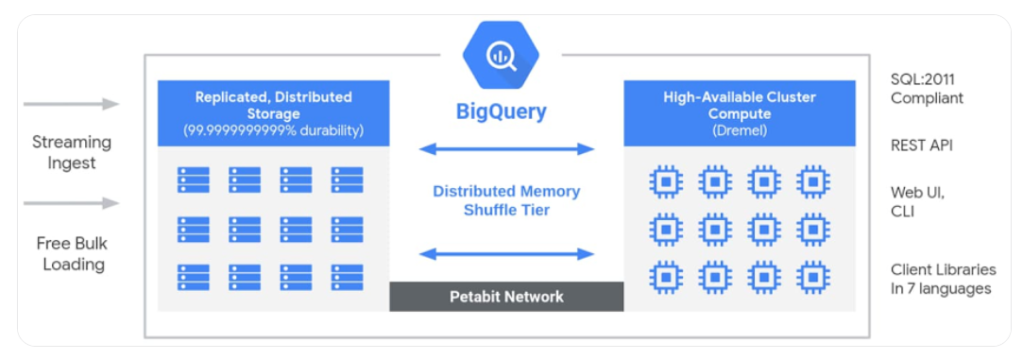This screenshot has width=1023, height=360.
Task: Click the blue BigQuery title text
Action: (x=501, y=111)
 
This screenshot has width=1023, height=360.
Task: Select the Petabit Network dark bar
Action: (x=506, y=297)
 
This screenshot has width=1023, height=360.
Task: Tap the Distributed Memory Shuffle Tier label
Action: (x=506, y=200)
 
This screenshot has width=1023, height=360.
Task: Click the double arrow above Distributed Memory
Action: (x=506, y=148)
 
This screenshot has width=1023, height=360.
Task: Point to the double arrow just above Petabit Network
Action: (x=506, y=253)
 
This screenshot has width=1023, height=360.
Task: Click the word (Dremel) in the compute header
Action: (x=740, y=130)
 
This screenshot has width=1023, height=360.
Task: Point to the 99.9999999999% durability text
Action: (x=273, y=130)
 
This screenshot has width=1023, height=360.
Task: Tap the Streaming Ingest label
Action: (x=72, y=152)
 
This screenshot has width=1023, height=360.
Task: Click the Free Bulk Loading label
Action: (x=72, y=253)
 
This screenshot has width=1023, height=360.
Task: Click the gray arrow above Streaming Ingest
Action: (x=72, y=104)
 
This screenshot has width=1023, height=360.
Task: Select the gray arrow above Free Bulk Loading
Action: (x=72, y=203)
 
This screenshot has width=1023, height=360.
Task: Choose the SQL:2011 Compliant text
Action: (x=927, y=89)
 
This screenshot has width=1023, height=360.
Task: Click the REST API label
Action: (x=921, y=146)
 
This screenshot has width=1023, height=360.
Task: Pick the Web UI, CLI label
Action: (x=917, y=202)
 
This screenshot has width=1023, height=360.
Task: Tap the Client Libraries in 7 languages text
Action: (x=941, y=279)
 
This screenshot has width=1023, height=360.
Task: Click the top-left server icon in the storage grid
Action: (x=194, y=180)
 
